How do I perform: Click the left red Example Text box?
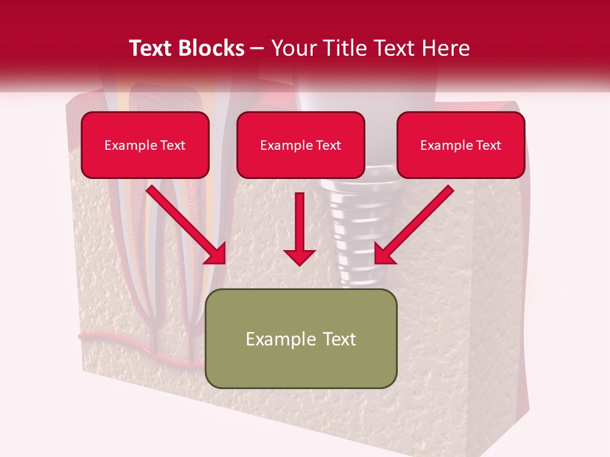coord(145,145)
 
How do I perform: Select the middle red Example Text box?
coord(301,145)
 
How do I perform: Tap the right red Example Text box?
coord(461,145)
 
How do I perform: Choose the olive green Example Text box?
coord(301,338)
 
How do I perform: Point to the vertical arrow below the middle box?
coord(300,228)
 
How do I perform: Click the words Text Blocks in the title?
coord(187,48)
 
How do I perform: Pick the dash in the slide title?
coord(257,49)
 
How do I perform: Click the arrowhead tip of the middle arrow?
coord(300,262)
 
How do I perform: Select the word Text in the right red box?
coord(488,145)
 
